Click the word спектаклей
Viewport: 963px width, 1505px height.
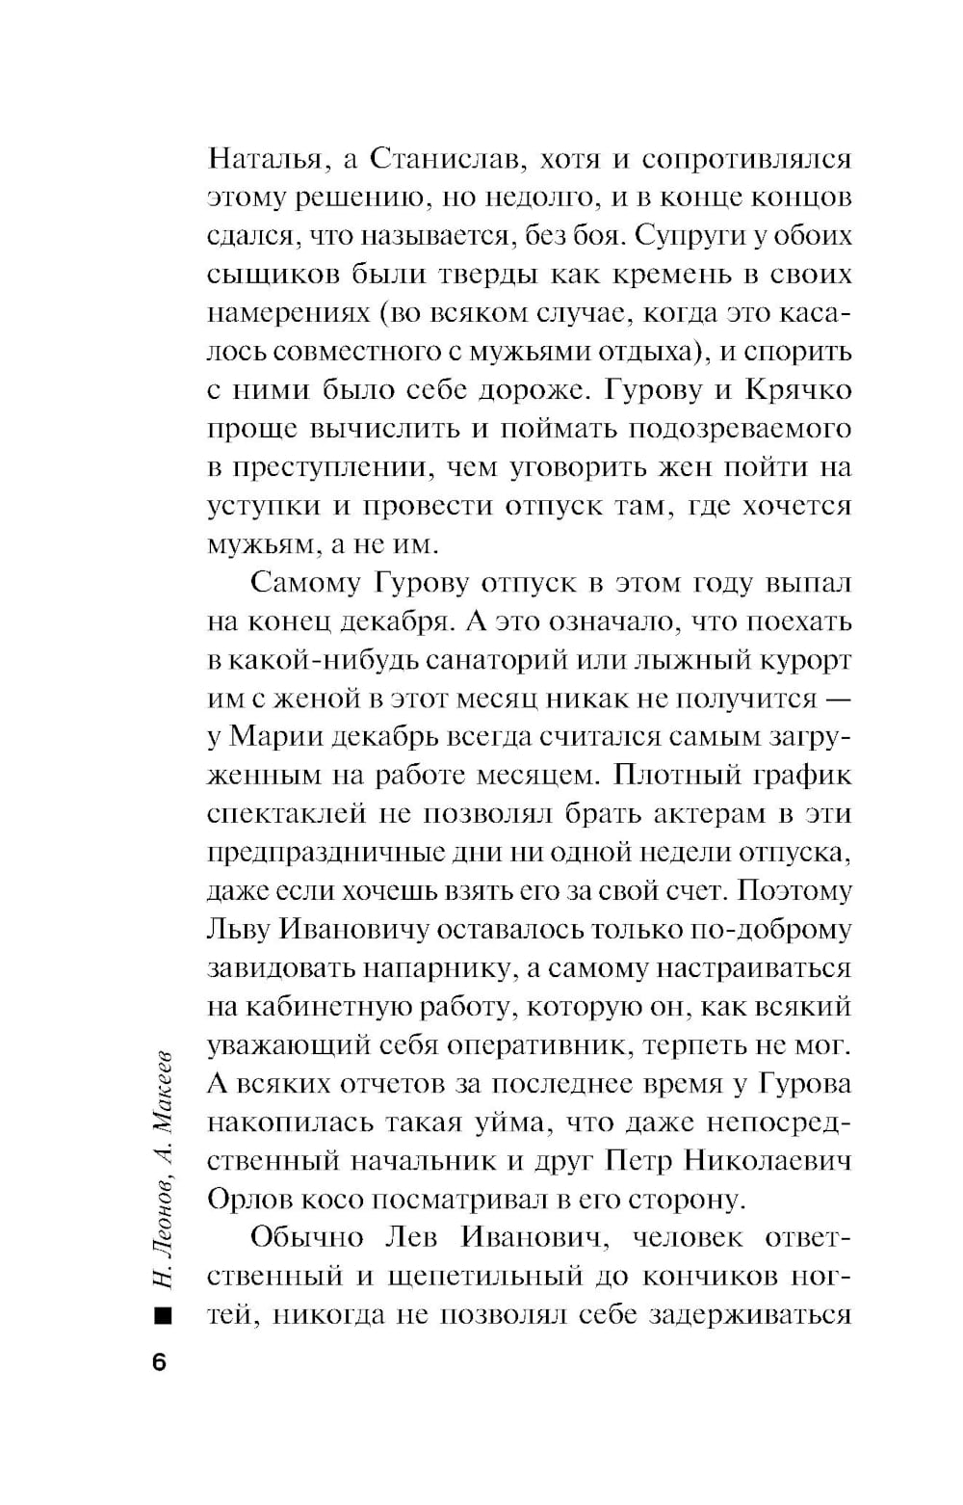pyautogui.click(x=286, y=815)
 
